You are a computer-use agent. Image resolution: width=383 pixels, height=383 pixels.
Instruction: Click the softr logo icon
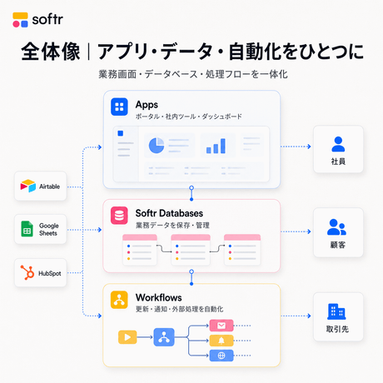(x=20, y=20)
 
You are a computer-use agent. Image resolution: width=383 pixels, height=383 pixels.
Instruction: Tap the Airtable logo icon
(x=28, y=186)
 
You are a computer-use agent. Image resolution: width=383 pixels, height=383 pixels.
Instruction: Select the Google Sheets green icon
(x=27, y=229)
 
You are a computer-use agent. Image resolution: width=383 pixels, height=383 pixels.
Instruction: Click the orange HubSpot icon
(x=27, y=272)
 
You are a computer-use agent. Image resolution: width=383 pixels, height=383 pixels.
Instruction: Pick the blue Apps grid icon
(x=119, y=107)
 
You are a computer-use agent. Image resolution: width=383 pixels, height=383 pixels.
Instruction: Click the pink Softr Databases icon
(x=119, y=216)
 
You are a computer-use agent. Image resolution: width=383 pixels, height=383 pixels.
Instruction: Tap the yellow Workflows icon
(x=119, y=300)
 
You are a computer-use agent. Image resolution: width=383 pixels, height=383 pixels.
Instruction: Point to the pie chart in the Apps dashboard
(x=157, y=146)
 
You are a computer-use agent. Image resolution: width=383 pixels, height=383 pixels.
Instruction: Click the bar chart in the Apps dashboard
(x=216, y=146)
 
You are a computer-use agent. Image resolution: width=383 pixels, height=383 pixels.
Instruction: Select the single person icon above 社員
(x=338, y=144)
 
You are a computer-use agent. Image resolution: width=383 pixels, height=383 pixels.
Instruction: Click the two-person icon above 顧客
(x=336, y=227)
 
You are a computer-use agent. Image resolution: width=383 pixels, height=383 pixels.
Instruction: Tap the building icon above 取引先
(x=336, y=311)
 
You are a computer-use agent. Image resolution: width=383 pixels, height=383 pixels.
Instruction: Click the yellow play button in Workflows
(x=127, y=337)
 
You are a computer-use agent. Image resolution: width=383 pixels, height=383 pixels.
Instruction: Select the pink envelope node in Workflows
(x=221, y=326)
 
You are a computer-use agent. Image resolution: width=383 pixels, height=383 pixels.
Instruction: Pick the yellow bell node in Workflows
(x=221, y=341)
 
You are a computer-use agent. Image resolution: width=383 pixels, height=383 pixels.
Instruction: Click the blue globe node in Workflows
(x=221, y=356)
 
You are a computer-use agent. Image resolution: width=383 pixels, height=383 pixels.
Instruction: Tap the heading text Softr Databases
(x=169, y=213)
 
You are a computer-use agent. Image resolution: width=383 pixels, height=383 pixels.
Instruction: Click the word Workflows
(x=159, y=297)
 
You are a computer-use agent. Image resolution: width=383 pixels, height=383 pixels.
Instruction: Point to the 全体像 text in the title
(x=51, y=52)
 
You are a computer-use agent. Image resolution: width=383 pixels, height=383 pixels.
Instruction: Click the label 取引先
(x=337, y=329)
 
